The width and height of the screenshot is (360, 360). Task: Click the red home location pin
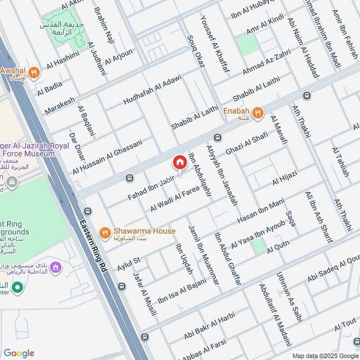point(180,162)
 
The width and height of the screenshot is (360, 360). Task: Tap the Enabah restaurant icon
point(257,113)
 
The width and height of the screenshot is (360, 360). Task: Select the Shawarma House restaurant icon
point(105,232)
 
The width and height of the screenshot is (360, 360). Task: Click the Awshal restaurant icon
point(33,72)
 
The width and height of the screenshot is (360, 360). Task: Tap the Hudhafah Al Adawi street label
point(153,89)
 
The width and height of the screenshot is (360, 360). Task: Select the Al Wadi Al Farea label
point(175,201)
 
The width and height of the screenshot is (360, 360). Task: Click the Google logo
point(19,353)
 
